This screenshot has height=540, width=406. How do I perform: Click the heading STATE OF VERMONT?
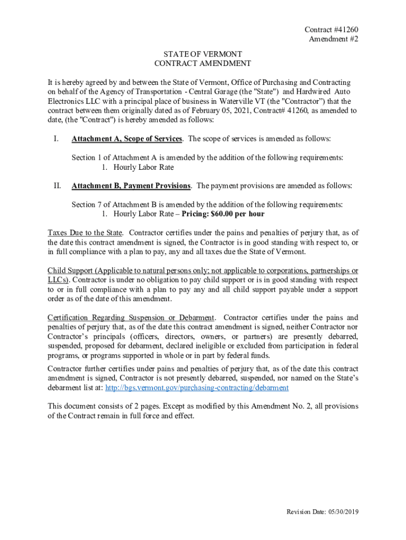[x=202, y=54]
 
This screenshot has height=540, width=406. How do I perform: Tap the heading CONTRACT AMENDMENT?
[x=202, y=64]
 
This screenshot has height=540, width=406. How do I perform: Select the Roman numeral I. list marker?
[x=55, y=139]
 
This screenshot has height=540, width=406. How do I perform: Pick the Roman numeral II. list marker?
[x=56, y=186]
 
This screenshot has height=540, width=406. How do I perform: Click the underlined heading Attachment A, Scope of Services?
[x=127, y=139]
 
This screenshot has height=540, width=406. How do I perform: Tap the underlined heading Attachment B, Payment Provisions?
[x=131, y=186]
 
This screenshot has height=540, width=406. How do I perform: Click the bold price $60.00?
[x=223, y=214]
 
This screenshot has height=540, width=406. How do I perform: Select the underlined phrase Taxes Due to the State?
[x=85, y=233]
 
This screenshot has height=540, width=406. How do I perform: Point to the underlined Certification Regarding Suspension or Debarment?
[x=131, y=317]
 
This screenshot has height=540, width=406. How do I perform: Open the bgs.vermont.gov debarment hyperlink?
[x=197, y=388]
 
